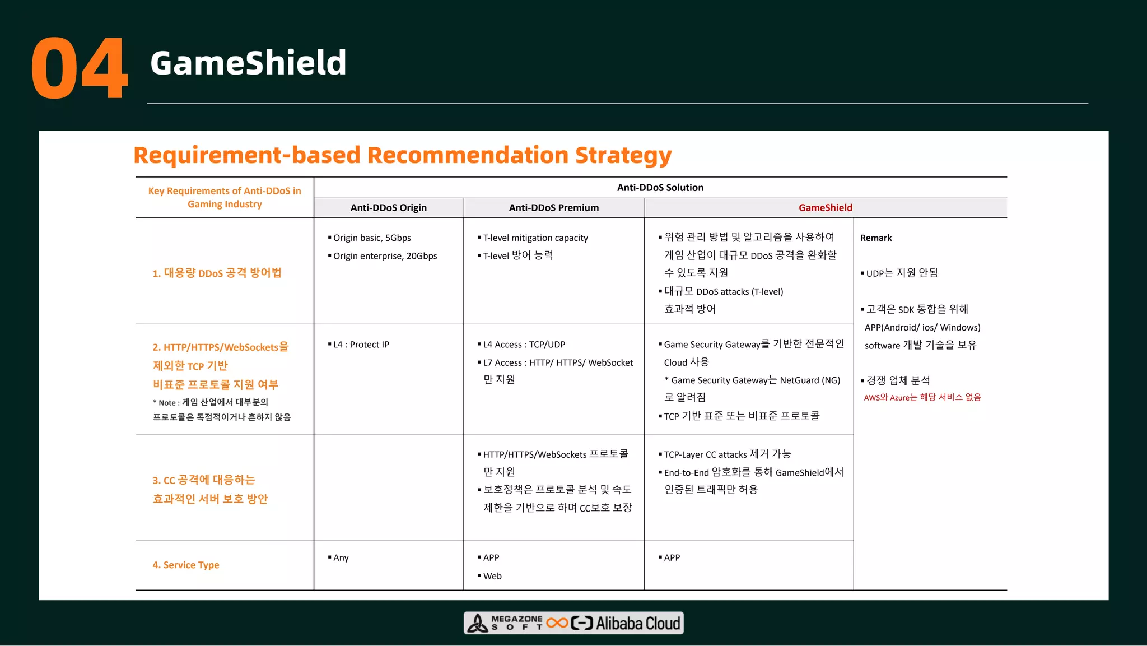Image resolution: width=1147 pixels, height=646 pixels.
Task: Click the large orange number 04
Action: pyautogui.click(x=80, y=68)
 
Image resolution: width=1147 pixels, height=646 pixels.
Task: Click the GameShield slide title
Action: pyautogui.click(x=248, y=63)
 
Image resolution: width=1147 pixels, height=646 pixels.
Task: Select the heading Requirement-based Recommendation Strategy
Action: pyautogui.click(x=402, y=155)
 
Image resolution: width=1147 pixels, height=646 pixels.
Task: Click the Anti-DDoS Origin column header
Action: pyautogui.click(x=388, y=208)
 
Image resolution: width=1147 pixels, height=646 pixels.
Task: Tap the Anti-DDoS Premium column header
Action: pyautogui.click(x=553, y=208)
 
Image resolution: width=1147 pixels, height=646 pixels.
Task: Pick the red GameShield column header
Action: pyautogui.click(x=825, y=208)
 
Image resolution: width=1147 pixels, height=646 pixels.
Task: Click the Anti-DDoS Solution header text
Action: pyautogui.click(x=660, y=188)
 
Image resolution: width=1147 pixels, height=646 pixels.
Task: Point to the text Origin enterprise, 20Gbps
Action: pyautogui.click(x=385, y=256)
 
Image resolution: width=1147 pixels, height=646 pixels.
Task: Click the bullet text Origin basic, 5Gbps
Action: pyautogui.click(x=372, y=238)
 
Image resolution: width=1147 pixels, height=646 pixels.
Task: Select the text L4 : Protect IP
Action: pyautogui.click(x=361, y=345)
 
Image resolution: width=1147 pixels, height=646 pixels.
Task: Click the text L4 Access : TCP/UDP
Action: pyautogui.click(x=524, y=345)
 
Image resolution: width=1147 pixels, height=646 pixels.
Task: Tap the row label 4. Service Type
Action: pyautogui.click(x=185, y=565)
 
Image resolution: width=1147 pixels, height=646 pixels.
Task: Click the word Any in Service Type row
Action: pyautogui.click(x=341, y=558)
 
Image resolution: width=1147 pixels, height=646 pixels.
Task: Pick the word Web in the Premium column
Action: pyautogui.click(x=492, y=576)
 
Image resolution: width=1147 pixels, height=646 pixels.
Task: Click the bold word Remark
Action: pyautogui.click(x=875, y=238)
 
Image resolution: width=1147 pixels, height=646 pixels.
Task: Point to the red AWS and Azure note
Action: pyautogui.click(x=922, y=397)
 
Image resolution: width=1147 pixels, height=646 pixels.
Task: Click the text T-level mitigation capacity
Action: pyautogui.click(x=535, y=238)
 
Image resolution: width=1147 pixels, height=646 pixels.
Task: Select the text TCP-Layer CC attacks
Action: pyautogui.click(x=705, y=454)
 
